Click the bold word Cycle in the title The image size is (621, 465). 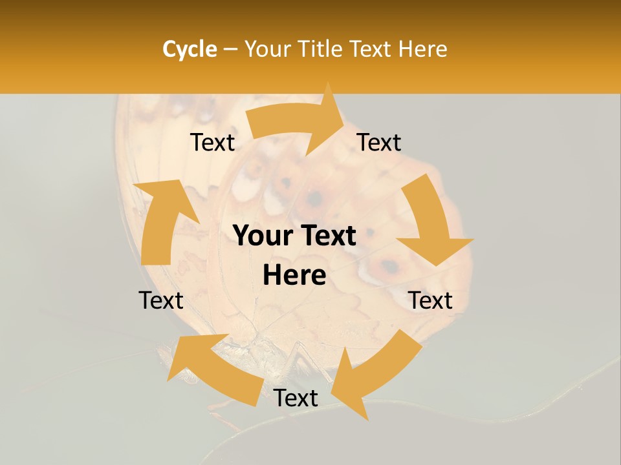click(x=190, y=49)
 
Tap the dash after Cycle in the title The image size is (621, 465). click(x=230, y=50)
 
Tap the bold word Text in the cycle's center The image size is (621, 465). click(x=328, y=236)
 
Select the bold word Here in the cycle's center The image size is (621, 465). click(x=294, y=276)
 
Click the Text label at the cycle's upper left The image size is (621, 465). click(x=212, y=143)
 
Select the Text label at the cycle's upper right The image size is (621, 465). click(x=379, y=142)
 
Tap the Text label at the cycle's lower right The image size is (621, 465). click(x=430, y=300)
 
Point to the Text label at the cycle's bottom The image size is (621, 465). click(x=296, y=398)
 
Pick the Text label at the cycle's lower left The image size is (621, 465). click(x=161, y=300)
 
